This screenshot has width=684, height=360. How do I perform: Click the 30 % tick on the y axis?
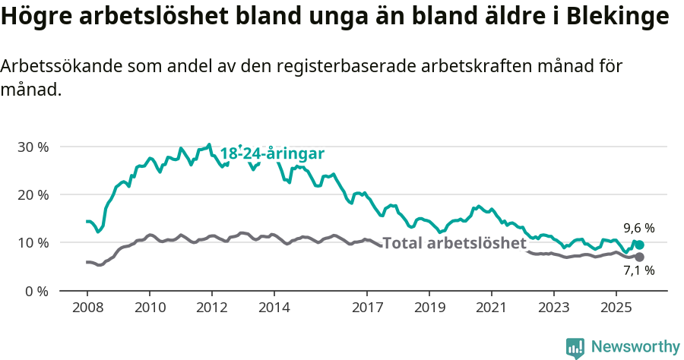pos(33,147)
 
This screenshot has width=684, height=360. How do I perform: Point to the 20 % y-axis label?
pos(33,194)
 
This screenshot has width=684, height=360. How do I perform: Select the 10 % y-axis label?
pos(33,243)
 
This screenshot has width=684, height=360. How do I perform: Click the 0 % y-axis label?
pos(37,291)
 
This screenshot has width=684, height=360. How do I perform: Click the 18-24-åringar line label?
pos(272,153)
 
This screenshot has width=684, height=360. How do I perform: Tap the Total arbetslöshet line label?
pos(454,243)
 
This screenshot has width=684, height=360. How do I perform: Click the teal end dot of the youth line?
pos(639,245)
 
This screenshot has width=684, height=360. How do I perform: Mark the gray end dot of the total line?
pos(639,257)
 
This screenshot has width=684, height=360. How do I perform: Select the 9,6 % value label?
pos(638,228)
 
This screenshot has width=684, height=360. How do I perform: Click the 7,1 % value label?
pos(638,270)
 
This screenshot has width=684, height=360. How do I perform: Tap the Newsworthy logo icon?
pos(575,347)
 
